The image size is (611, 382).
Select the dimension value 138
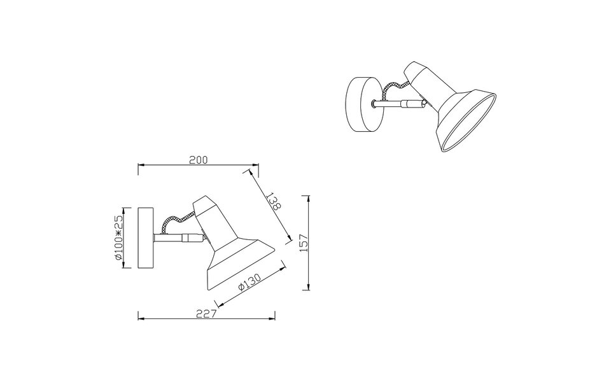(x=274, y=202)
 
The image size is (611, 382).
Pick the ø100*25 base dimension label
(x=118, y=237)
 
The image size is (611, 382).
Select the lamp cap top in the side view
(x=204, y=202)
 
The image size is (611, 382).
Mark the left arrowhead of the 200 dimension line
(x=141, y=166)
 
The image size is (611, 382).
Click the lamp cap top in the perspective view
(x=416, y=69)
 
